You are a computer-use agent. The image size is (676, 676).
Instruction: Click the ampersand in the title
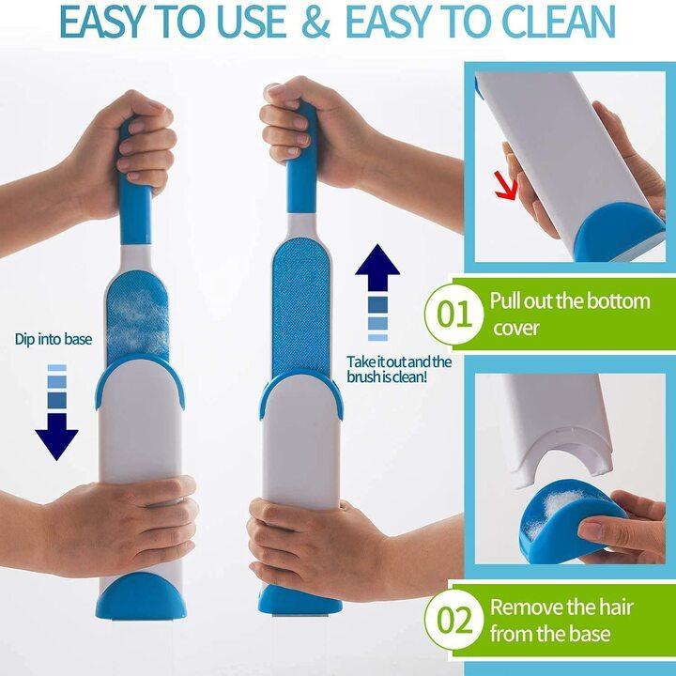[x=317, y=23]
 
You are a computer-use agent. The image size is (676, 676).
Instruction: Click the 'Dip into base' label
[x=54, y=338]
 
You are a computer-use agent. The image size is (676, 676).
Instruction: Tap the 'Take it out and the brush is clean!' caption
[x=399, y=369]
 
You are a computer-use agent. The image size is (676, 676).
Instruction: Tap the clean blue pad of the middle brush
[x=303, y=300]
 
